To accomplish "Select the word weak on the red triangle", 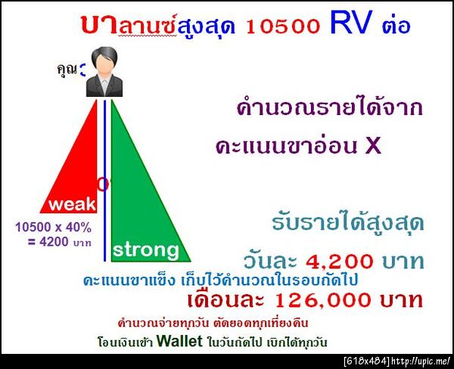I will (x=72, y=204).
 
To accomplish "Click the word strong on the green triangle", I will (x=146, y=250).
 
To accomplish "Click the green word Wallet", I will (x=181, y=341).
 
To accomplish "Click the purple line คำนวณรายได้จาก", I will (x=328, y=107).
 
